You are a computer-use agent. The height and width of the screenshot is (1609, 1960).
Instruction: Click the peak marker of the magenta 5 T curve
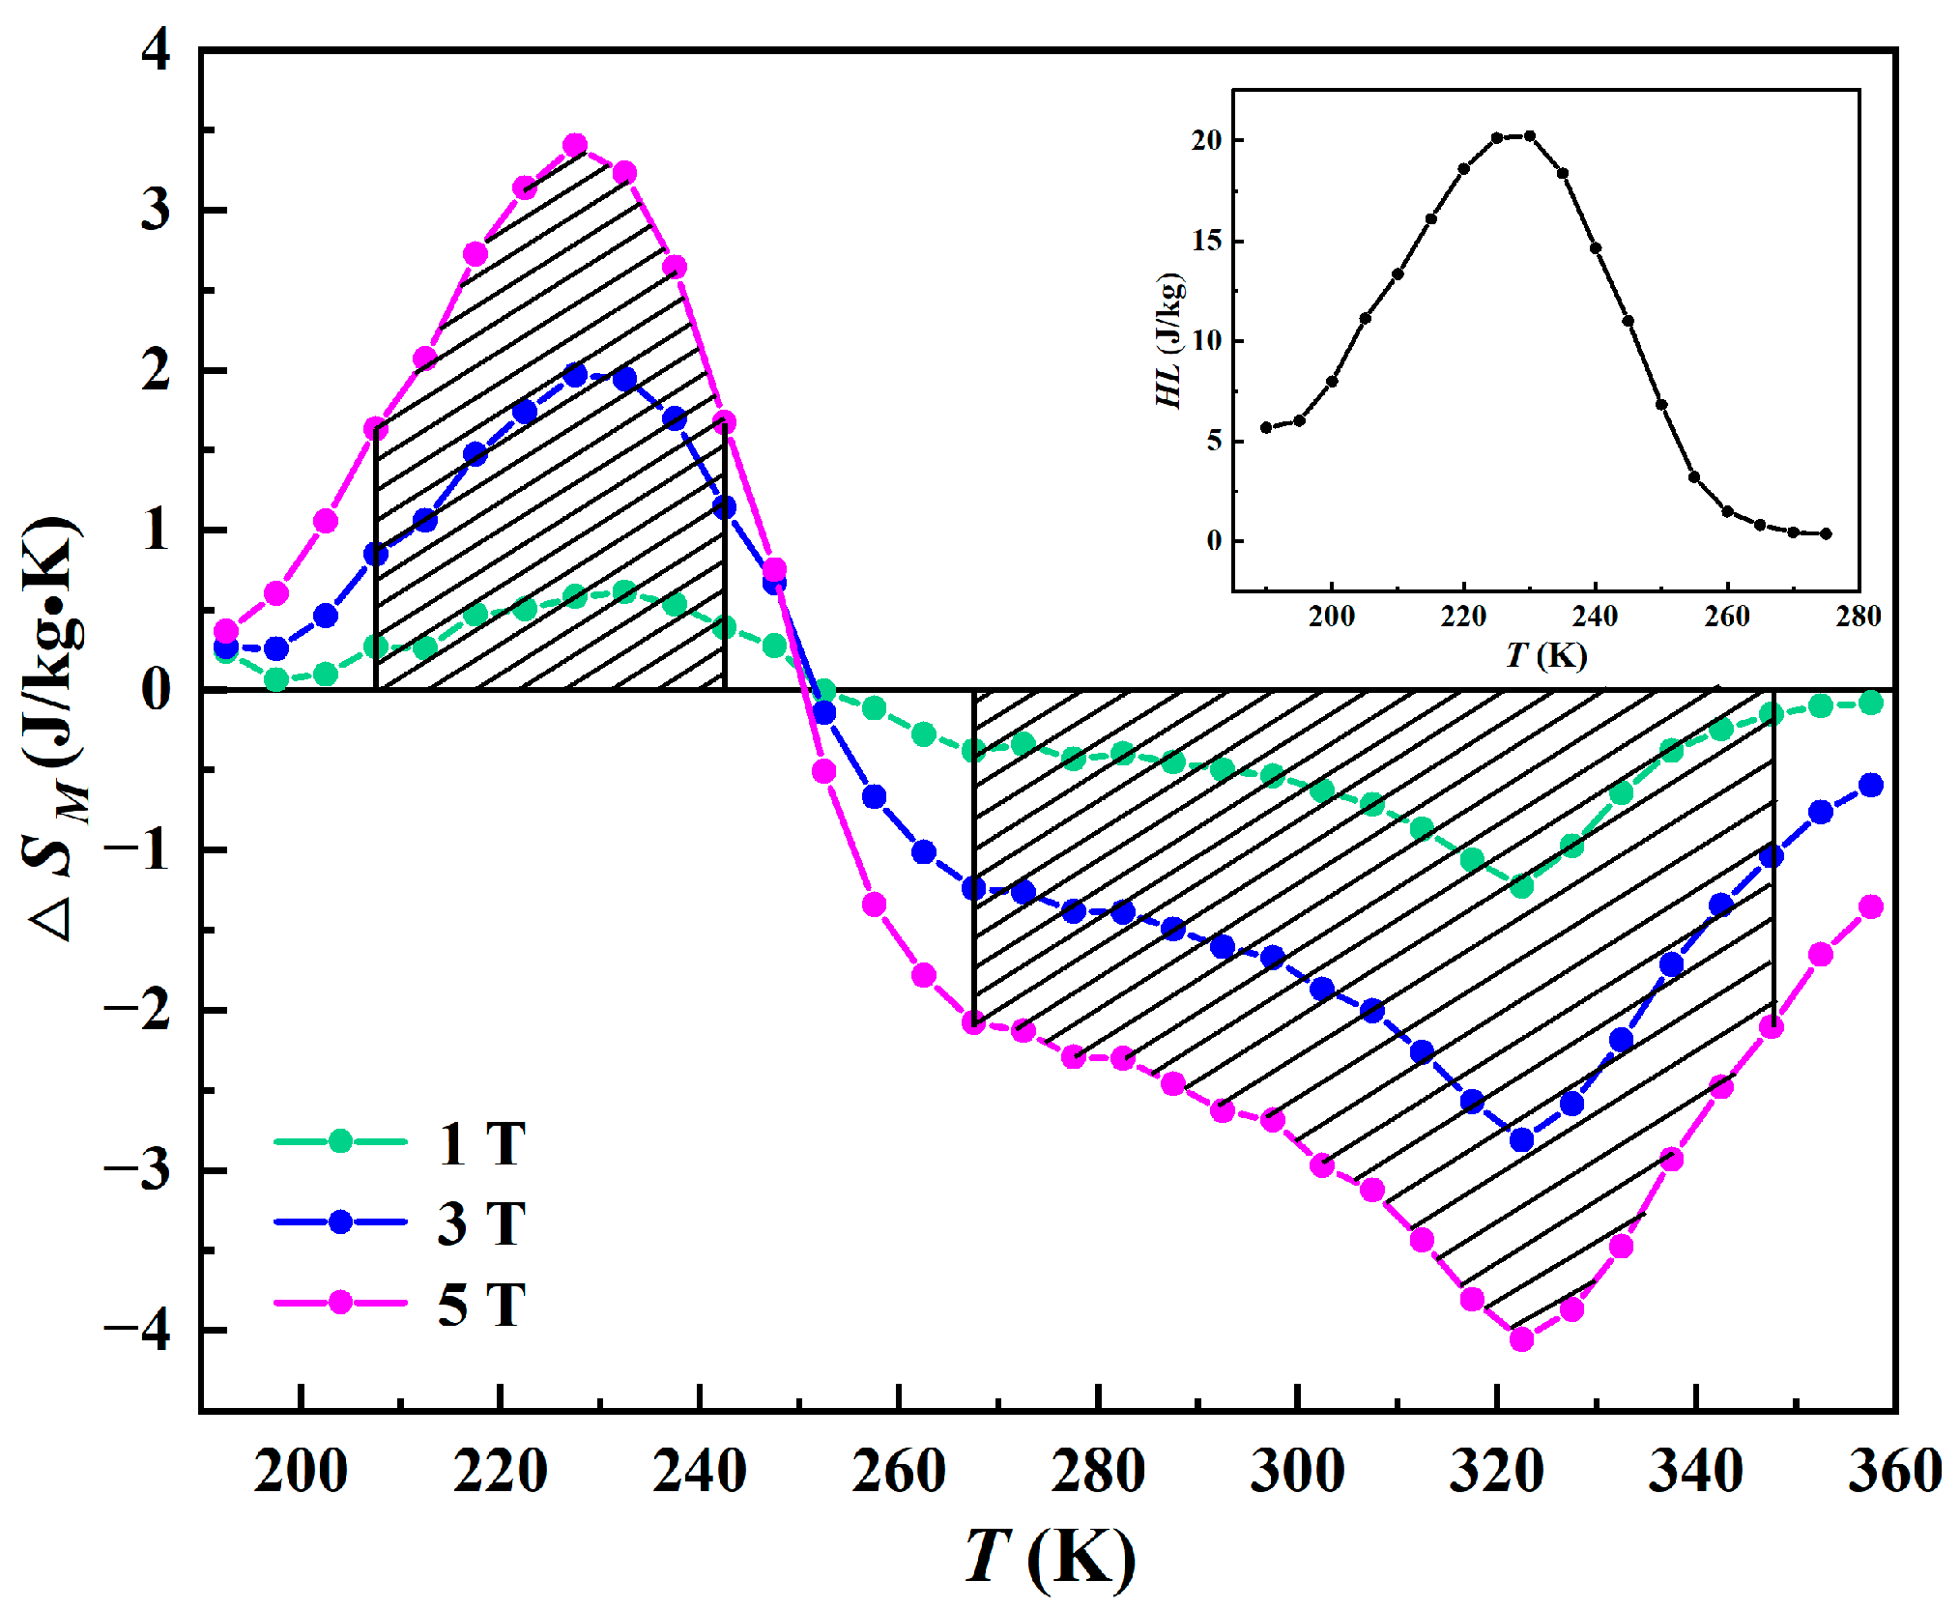pyautogui.click(x=575, y=146)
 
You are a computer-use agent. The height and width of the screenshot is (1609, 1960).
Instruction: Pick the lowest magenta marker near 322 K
pyautogui.click(x=1521, y=1338)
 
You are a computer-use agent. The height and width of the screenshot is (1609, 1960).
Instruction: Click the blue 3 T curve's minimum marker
pyautogui.click(x=1521, y=1140)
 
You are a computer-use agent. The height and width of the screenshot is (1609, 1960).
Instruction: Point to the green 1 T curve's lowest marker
pyautogui.click(x=1521, y=886)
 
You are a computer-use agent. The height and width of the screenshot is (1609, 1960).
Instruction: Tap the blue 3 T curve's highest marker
pyautogui.click(x=575, y=375)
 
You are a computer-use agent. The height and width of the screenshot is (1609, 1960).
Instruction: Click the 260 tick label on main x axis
pyautogui.click(x=899, y=1471)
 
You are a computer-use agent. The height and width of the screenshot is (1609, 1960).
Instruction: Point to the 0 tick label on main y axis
pyautogui.click(x=155, y=690)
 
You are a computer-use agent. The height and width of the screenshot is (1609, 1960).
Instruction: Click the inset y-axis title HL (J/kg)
pyautogui.click(x=1169, y=340)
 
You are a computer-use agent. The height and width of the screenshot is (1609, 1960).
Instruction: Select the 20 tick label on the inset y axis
pyautogui.click(x=1206, y=140)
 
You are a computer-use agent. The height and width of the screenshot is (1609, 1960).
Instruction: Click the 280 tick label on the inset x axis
pyautogui.click(x=1858, y=617)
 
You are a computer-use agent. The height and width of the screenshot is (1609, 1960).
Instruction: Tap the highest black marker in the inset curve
pyautogui.click(x=1529, y=136)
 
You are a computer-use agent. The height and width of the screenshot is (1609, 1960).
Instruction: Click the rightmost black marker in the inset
pyautogui.click(x=1826, y=533)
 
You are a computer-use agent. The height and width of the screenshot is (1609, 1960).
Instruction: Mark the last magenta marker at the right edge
pyautogui.click(x=1871, y=906)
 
